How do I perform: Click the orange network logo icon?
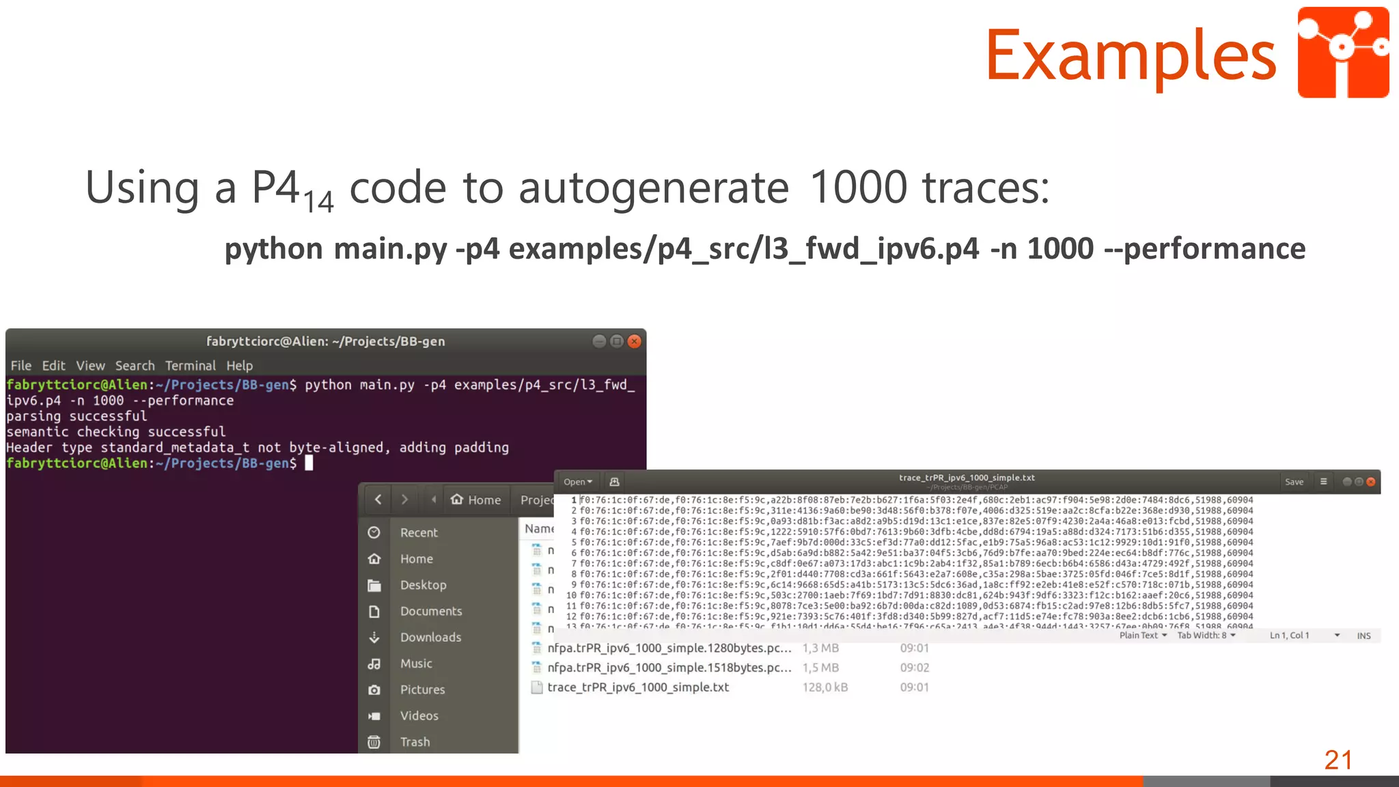[x=1343, y=53]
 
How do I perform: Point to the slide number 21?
[x=1338, y=760]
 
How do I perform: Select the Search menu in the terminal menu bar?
[x=135, y=366]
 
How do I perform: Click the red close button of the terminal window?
[x=635, y=341]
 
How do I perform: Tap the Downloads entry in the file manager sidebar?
[x=430, y=637]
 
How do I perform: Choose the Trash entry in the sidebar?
[x=415, y=742]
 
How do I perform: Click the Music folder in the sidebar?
[x=416, y=663]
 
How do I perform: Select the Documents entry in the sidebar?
[x=430, y=611]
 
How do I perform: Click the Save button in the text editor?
[x=1294, y=482]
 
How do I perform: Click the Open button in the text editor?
[x=577, y=482]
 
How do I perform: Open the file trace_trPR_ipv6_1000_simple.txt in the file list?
[x=637, y=687]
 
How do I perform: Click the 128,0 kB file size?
[x=825, y=687]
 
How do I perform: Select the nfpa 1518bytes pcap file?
[x=669, y=668]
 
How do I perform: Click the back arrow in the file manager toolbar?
[x=378, y=500]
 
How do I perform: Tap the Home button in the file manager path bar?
[x=477, y=500]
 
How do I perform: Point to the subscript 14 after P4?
[x=318, y=201]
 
